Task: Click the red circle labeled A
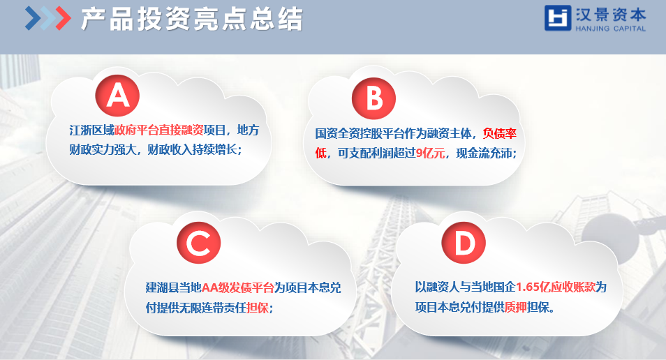coord(117,95)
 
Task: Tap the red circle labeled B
coord(373,98)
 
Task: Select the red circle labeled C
coord(199,243)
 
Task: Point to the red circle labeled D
coord(464,242)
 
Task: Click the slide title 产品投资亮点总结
coord(191,19)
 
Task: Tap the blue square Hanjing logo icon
coord(558,18)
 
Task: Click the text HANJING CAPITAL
coord(610,29)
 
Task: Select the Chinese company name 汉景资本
coord(610,15)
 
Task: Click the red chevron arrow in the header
coord(63,18)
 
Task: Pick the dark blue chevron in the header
coord(33,18)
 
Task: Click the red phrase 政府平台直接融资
coord(159,130)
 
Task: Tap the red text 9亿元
coord(430,153)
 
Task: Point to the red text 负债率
coord(500,133)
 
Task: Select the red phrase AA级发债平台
coord(237,287)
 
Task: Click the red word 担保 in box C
coord(258,307)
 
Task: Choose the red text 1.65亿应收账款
coord(556,287)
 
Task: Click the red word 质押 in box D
coord(516,306)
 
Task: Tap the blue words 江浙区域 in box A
coord(91,130)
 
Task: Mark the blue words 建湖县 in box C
coord(162,287)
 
